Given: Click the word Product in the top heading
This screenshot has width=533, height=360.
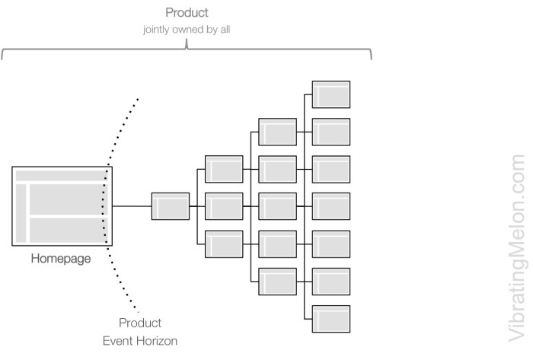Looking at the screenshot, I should (188, 13).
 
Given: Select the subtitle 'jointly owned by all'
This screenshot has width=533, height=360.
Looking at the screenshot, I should (187, 31).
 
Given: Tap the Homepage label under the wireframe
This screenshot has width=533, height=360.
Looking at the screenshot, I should (61, 258).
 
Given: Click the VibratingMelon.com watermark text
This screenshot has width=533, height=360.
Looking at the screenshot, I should (518, 243).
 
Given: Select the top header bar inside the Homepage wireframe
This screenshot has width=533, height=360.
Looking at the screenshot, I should (61, 176).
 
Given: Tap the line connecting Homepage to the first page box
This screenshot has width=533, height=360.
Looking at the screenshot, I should (131, 206).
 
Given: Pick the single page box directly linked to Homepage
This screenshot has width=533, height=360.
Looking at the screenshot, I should (170, 206).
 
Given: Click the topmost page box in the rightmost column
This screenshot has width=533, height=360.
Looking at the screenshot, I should (331, 94).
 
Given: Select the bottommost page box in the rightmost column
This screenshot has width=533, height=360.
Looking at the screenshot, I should (331, 318).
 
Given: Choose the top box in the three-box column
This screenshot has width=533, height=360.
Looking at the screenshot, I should (224, 169).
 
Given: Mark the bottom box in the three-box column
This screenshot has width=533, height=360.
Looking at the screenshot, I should (224, 244).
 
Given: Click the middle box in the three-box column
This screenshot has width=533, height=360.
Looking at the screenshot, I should (224, 206).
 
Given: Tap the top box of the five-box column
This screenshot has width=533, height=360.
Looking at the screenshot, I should (277, 132).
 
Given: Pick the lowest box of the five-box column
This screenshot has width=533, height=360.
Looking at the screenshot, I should (277, 281).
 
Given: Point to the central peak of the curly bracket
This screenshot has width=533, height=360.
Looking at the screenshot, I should (187, 46).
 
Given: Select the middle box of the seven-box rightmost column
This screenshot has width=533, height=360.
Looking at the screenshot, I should (331, 206).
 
